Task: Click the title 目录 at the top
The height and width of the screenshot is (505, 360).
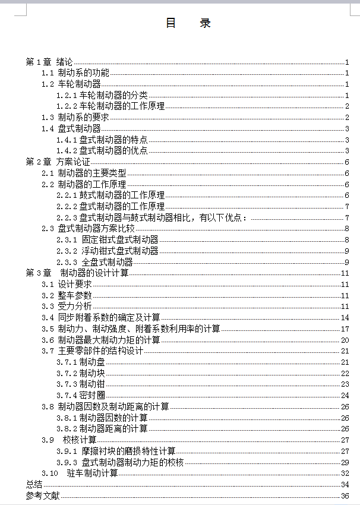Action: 188,23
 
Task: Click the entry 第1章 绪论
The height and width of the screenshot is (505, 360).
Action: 49,62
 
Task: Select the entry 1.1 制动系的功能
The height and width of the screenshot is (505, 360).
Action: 75,73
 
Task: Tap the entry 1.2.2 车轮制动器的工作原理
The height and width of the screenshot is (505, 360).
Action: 110,106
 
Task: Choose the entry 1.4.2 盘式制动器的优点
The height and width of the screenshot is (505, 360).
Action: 102,151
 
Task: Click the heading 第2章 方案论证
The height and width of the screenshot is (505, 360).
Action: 58,162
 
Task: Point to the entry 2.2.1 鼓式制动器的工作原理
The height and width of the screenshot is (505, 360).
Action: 110,195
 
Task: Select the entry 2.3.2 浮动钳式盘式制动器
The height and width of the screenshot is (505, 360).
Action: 108,251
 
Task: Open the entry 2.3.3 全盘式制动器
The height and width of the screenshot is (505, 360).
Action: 94,262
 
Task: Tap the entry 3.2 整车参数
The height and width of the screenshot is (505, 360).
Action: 67,295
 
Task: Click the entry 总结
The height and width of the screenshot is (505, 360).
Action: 34,485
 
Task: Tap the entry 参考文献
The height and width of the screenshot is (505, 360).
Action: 43,495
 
